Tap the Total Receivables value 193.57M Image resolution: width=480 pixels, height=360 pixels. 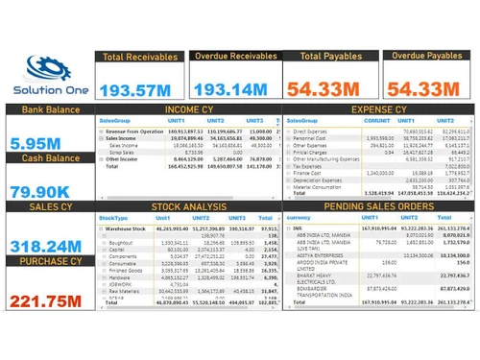click(140, 89)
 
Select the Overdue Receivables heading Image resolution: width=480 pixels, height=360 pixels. click(235, 57)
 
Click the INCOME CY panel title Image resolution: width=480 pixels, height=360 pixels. click(188, 110)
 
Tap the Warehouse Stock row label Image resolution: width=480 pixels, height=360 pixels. click(130, 228)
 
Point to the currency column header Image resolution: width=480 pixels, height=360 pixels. click(301, 218)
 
